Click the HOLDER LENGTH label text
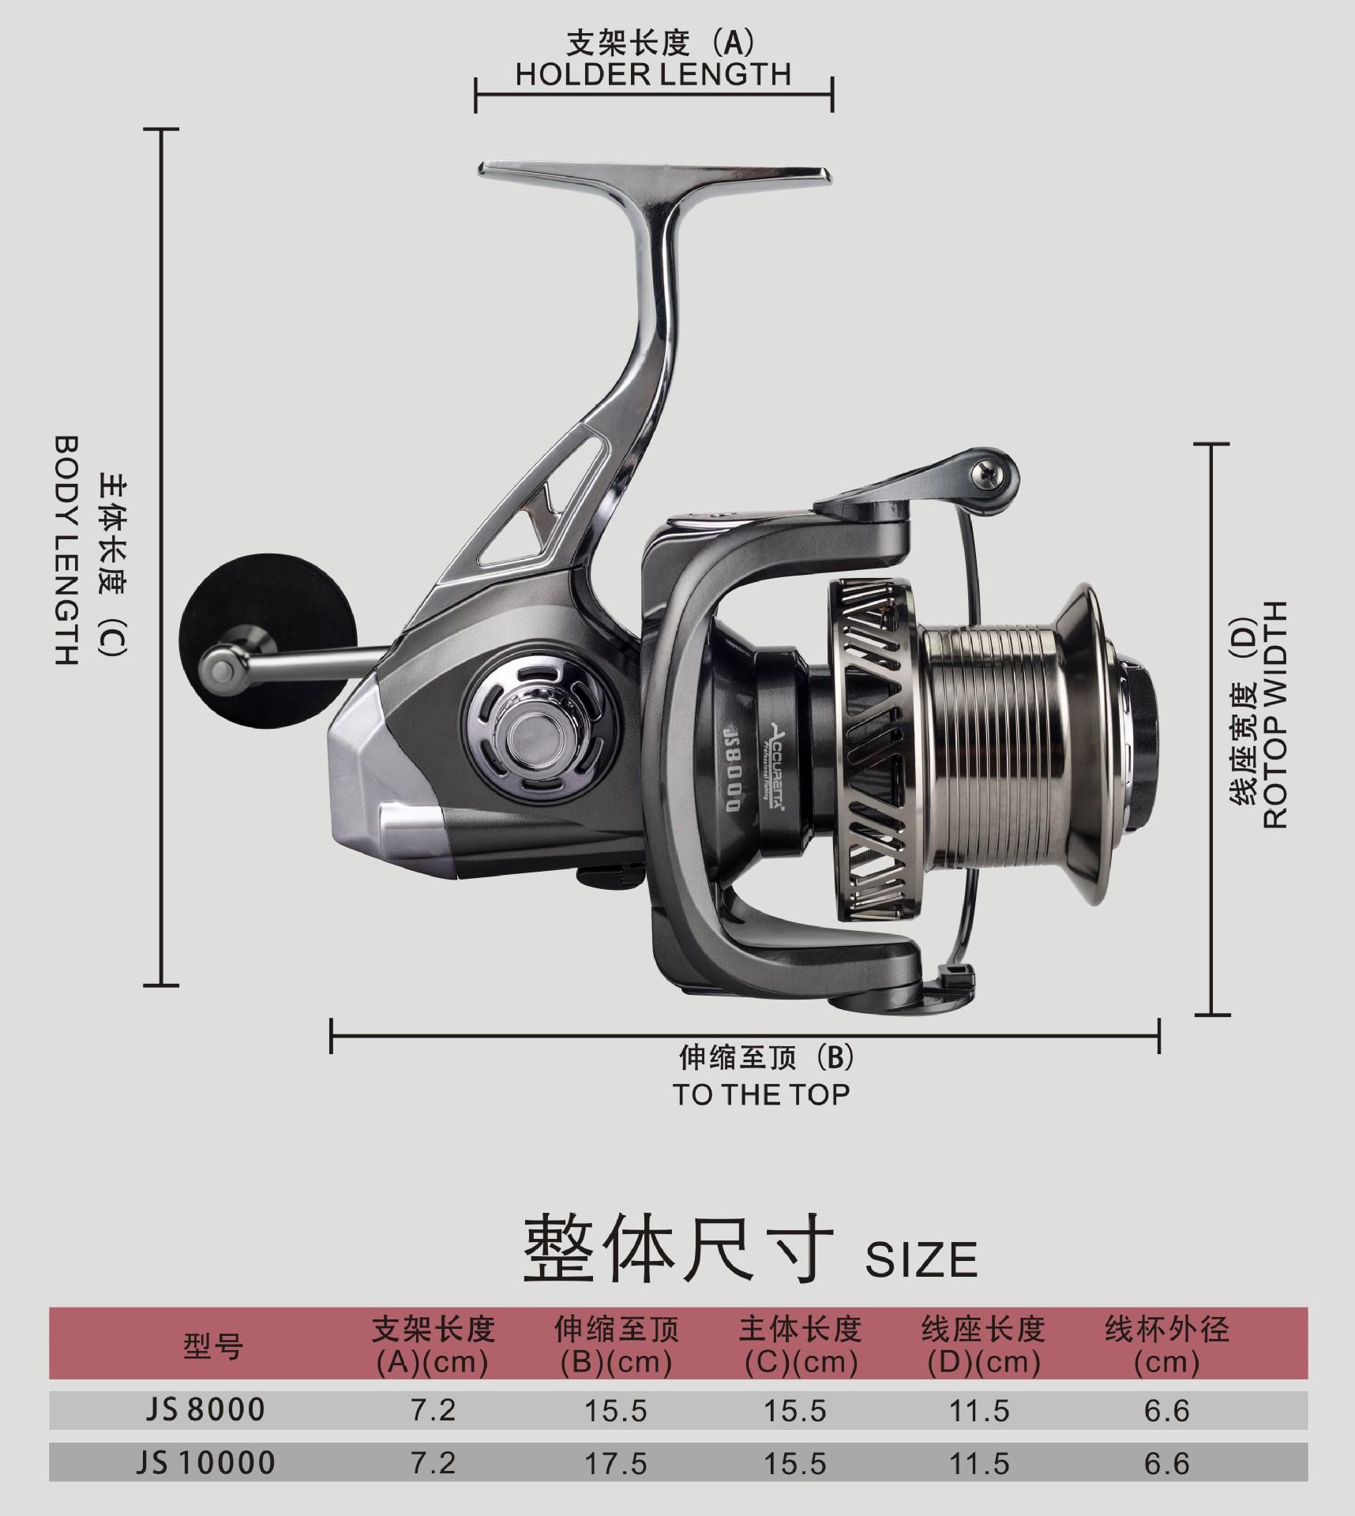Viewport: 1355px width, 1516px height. tap(653, 73)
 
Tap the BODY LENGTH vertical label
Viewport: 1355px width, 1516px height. tap(67, 549)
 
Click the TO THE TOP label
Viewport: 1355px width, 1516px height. tap(761, 1094)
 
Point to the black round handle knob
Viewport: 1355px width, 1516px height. tap(227, 614)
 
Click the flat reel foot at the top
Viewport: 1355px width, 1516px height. tap(655, 175)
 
